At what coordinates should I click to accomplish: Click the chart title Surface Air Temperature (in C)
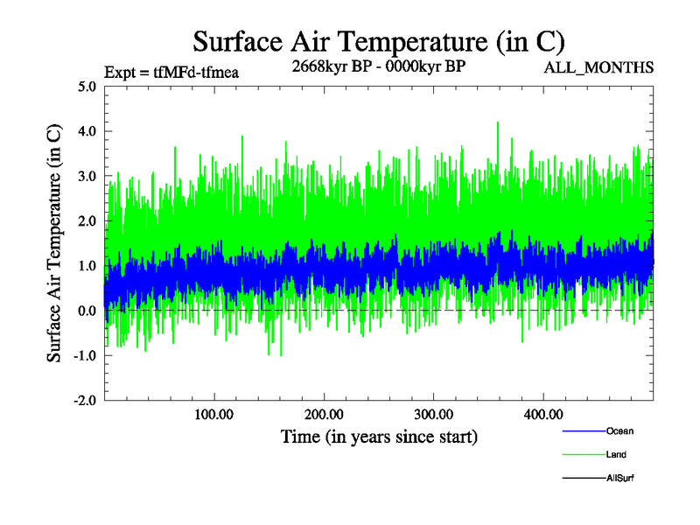[379, 41]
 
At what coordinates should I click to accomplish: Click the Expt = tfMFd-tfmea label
[171, 73]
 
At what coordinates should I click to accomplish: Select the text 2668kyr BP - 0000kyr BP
[379, 66]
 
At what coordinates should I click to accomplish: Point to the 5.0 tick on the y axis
[87, 87]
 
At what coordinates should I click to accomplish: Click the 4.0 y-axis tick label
[87, 131]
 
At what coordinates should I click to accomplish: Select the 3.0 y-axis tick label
[87, 176]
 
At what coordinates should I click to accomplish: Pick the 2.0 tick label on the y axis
[87, 220]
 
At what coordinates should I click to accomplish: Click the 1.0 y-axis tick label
[87, 266]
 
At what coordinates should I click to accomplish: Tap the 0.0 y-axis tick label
[87, 311]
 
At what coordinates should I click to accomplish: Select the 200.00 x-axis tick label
[324, 414]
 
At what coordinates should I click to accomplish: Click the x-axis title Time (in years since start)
[379, 436]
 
